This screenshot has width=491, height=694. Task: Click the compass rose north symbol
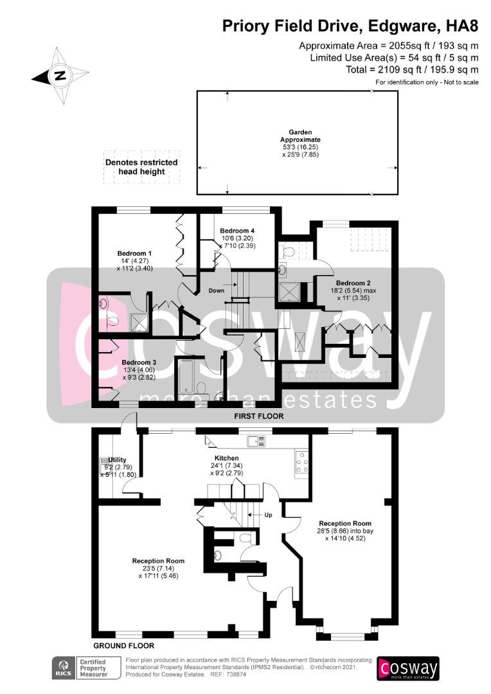pyautogui.click(x=60, y=76)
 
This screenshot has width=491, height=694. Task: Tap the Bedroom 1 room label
pyautogui.click(x=134, y=254)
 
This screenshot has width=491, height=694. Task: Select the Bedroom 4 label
pyautogui.click(x=237, y=231)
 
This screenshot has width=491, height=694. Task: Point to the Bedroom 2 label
pyautogui.click(x=353, y=283)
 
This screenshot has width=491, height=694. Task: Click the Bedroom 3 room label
pyautogui.click(x=139, y=362)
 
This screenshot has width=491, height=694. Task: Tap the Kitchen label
pyautogui.click(x=227, y=458)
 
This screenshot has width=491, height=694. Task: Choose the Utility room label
pyautogui.click(x=118, y=460)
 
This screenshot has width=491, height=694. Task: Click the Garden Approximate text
pyautogui.click(x=300, y=136)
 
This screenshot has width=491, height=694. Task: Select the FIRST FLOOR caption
pyautogui.click(x=259, y=416)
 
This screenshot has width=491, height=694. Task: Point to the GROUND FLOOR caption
pyautogui.click(x=124, y=646)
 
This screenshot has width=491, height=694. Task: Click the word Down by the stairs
pyautogui.click(x=217, y=291)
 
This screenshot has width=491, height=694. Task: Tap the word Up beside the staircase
pyautogui.click(x=268, y=515)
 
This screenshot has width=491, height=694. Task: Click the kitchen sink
pyautogui.click(x=256, y=441)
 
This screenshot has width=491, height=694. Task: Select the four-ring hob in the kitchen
pyautogui.click(x=302, y=463)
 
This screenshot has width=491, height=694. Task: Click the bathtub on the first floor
pyautogui.click(x=186, y=376)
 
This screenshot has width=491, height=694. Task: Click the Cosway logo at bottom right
pyautogui.click(x=407, y=668)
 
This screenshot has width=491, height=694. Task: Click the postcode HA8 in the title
pyautogui.click(x=463, y=26)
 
